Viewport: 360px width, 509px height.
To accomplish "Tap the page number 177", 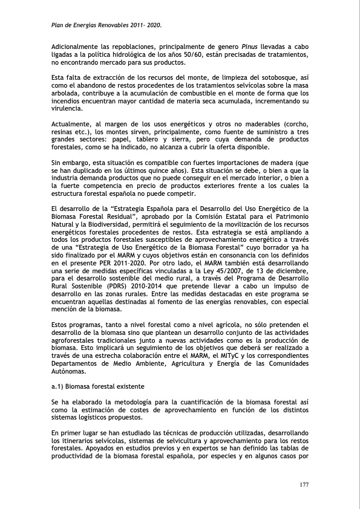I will click(306, 485).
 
